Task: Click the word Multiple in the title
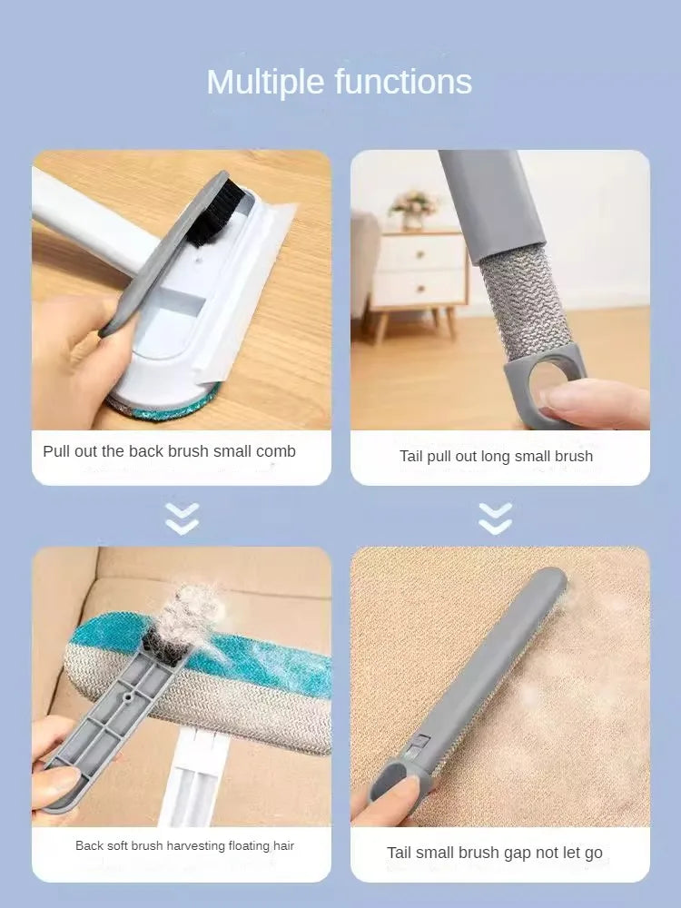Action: point(267,83)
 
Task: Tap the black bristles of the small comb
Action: point(215,212)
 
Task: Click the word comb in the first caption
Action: point(276,451)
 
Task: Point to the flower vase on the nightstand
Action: point(414,210)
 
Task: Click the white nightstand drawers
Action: point(419,271)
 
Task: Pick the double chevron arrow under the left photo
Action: point(183,518)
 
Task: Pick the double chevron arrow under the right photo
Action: point(495,518)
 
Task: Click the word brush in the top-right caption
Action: point(573,456)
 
